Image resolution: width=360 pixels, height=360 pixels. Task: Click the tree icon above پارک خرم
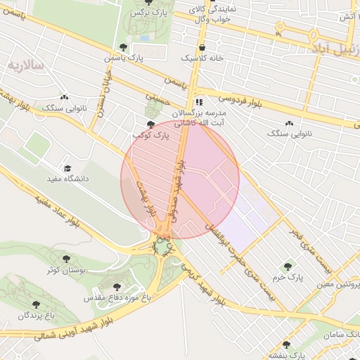(x=287, y=266)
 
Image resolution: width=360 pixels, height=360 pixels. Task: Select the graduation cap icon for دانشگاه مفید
(x=67, y=168)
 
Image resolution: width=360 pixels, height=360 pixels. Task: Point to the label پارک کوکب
(x=151, y=134)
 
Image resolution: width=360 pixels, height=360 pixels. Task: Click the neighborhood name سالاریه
(x=26, y=65)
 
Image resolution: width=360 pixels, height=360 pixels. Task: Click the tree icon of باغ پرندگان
(x=36, y=304)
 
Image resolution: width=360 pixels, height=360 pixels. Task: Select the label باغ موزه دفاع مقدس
(x=117, y=298)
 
